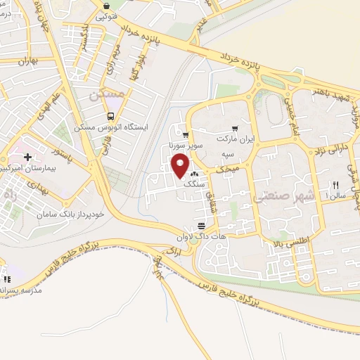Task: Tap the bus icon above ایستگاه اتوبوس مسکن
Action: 109,117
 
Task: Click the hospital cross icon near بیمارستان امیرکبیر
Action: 27,157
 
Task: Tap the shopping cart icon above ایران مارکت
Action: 235,129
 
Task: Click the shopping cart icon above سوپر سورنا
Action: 185,136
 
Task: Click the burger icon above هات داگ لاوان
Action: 202,226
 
